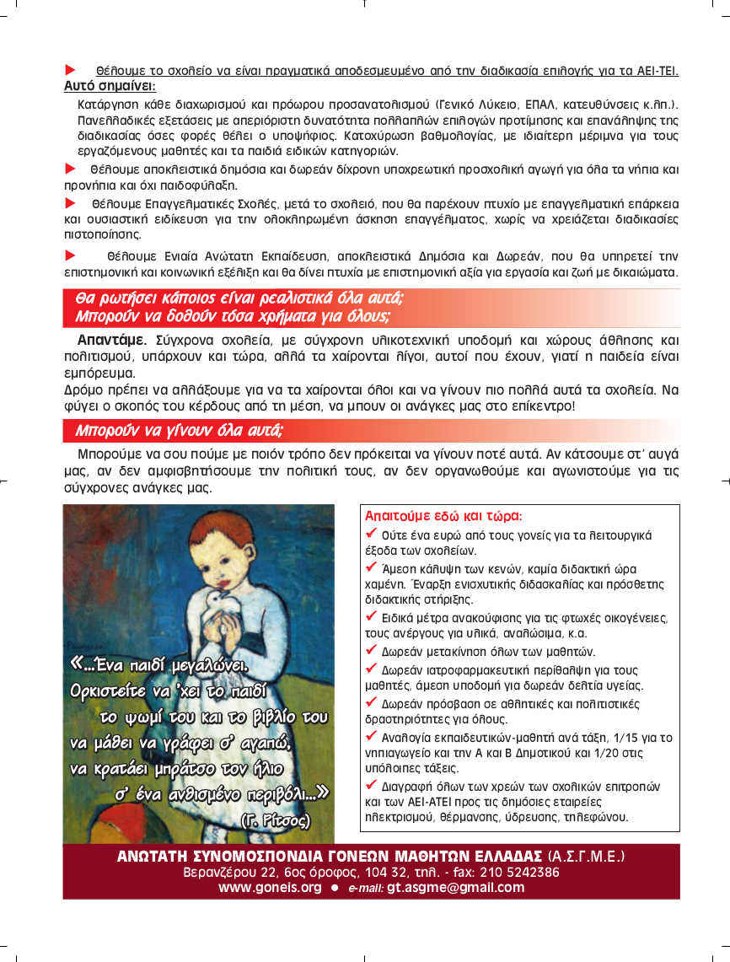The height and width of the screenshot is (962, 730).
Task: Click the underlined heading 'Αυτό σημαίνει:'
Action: point(110,86)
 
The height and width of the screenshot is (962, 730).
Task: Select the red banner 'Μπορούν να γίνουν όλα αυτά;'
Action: point(178,431)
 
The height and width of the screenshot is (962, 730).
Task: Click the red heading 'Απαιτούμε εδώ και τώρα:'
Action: point(443,515)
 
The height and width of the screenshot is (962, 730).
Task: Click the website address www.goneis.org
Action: point(270,888)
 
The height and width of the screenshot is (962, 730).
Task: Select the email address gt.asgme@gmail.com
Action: point(455,888)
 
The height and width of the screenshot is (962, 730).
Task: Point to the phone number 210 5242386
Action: point(522,873)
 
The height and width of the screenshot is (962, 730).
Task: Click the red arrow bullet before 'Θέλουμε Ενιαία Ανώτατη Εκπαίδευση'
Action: point(71,255)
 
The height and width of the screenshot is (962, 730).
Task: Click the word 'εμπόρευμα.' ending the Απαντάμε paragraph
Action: point(99,373)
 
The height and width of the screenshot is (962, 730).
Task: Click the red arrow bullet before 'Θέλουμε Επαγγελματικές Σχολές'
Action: point(71,203)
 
